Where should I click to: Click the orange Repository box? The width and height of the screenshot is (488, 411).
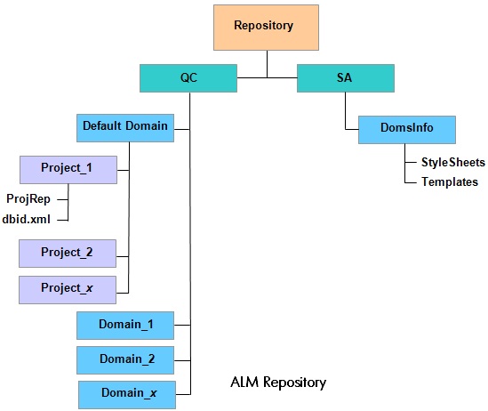(266, 28)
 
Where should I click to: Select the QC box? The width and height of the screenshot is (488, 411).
(188, 78)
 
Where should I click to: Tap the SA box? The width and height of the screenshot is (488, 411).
(346, 78)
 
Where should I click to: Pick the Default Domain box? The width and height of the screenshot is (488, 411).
(125, 128)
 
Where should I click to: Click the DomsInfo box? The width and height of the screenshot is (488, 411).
(407, 130)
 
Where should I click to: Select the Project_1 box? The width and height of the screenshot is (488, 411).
(68, 170)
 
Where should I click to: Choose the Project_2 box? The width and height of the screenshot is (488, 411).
(68, 254)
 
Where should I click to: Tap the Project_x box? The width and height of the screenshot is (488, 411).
(68, 290)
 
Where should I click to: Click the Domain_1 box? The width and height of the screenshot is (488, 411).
(125, 326)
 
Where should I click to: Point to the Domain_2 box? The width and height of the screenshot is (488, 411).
(125, 360)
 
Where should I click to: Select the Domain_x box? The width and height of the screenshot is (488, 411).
(127, 395)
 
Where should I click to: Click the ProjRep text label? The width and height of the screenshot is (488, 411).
(28, 199)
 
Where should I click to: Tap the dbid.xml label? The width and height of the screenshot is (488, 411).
(26, 219)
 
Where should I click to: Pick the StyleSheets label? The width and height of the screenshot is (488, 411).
(453, 163)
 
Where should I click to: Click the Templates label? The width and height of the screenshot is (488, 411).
(450, 181)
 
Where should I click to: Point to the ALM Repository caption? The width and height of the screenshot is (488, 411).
(278, 383)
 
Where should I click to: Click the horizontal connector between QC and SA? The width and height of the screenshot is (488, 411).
(267, 77)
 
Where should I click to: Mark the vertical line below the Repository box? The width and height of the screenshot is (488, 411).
(267, 64)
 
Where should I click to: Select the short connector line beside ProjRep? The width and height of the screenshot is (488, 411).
(62, 199)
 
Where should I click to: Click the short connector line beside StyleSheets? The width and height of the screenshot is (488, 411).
(411, 163)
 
